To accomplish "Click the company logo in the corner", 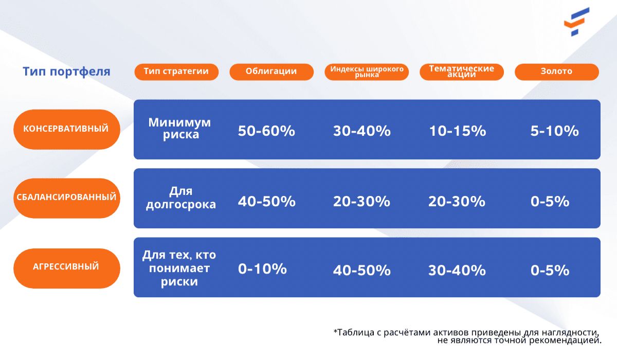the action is click(576, 22).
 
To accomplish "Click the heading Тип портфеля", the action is click(66, 71).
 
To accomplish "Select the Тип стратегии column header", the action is click(176, 72).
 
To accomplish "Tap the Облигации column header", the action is click(271, 72).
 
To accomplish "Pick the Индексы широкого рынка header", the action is click(367, 72).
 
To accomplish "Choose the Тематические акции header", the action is click(462, 72).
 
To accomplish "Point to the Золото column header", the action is click(557, 72).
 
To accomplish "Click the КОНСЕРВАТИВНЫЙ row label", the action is click(67, 130).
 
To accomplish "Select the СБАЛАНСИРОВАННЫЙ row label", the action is click(67, 198).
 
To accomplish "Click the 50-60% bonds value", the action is click(266, 131).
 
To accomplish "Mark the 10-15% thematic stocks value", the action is click(458, 131).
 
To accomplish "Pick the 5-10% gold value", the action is click(554, 131).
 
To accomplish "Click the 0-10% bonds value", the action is click(262, 268).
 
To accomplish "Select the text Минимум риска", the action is click(179, 129).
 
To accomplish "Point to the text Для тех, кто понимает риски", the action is click(179, 268).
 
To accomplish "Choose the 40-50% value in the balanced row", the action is click(267, 202).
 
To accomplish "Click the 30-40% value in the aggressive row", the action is click(457, 270).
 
